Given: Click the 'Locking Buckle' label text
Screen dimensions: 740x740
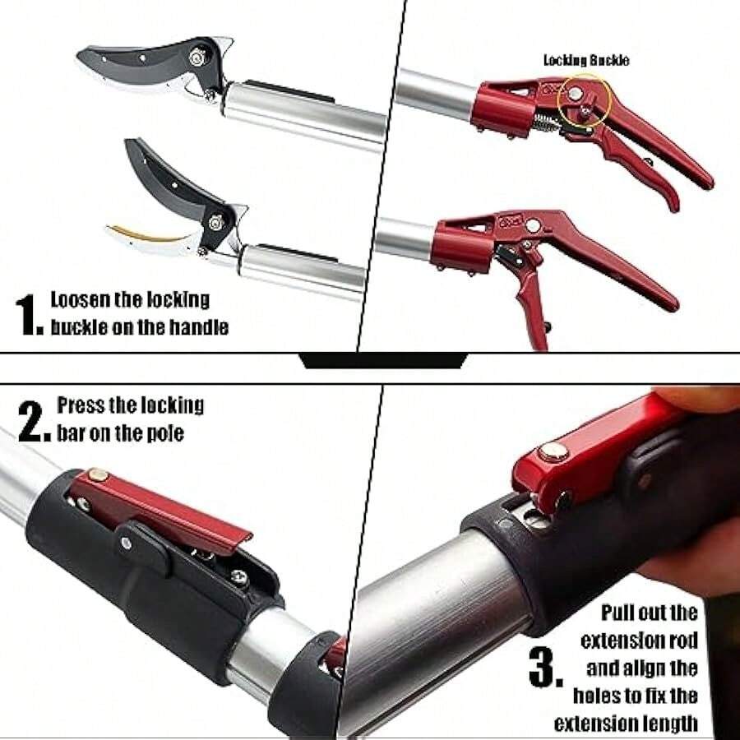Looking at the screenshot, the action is click(586, 60).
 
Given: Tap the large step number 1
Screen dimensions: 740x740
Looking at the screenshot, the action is click(28, 315).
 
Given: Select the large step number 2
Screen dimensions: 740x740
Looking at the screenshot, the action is click(34, 422).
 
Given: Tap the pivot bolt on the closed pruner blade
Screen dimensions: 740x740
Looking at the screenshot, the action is click(197, 57).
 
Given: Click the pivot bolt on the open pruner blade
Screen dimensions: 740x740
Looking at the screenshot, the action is click(216, 222).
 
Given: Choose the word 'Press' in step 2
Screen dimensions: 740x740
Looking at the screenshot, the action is click(81, 405).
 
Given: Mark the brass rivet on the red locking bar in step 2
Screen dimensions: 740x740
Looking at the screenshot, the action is click(98, 474).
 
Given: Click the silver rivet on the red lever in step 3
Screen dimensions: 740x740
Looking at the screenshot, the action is click(553, 452).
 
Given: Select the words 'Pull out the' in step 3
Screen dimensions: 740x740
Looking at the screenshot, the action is click(649, 613).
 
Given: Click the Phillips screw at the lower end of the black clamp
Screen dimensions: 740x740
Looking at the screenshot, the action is click(239, 576).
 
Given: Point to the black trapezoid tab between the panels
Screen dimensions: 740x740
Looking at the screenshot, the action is click(384, 360).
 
